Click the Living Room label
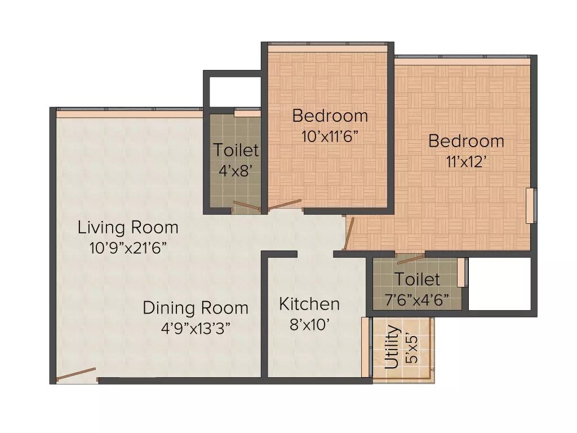tap(128, 228)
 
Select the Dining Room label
tap(195, 308)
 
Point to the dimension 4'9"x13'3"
tap(195, 328)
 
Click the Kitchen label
tap(309, 304)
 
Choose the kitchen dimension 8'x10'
tap(309, 324)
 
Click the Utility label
tap(392, 347)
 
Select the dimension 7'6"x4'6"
tap(417, 299)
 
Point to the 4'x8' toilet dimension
tap(236, 170)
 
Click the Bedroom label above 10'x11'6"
tap(330, 116)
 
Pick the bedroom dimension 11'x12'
tap(466, 161)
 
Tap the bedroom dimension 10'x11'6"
tap(330, 136)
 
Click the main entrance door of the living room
tap(76, 375)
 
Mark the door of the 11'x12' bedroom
tap(350, 233)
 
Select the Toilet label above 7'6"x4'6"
tap(417, 279)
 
